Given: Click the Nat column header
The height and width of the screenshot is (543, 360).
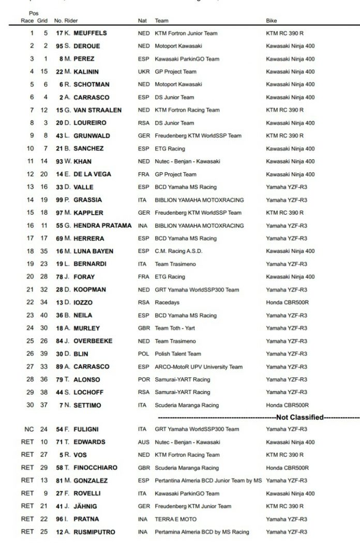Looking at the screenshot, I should pyautogui.click(x=142, y=21).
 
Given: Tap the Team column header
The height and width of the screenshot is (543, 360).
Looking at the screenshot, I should pyautogui.click(x=161, y=21).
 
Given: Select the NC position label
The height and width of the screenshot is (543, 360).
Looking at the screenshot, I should pyautogui.click(x=29, y=429).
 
